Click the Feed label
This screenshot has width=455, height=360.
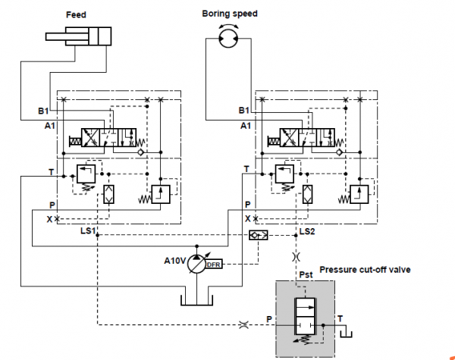pyautogui.click(x=76, y=15)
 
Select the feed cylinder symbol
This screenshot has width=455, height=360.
pyautogui.click(x=79, y=37)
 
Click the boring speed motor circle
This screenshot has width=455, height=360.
pyautogui.click(x=226, y=39)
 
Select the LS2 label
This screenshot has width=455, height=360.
pyautogui.click(x=306, y=230)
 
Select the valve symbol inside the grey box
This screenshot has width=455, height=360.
pyautogui.click(x=306, y=318)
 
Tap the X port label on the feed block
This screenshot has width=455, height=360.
pyautogui.click(x=50, y=219)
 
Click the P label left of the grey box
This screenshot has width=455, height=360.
pyautogui.click(x=269, y=318)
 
